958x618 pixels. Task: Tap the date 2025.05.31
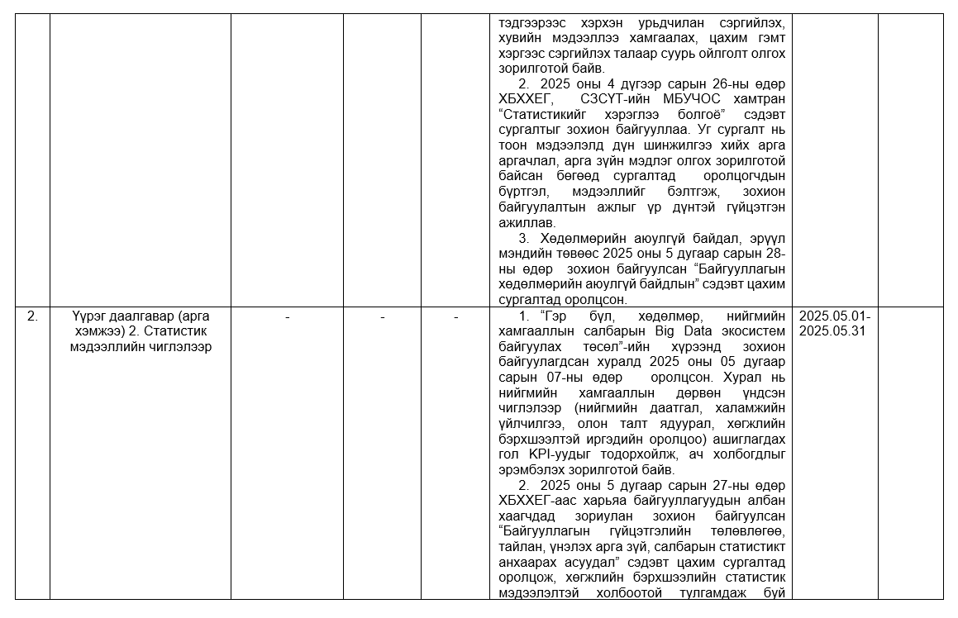tap(834, 331)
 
